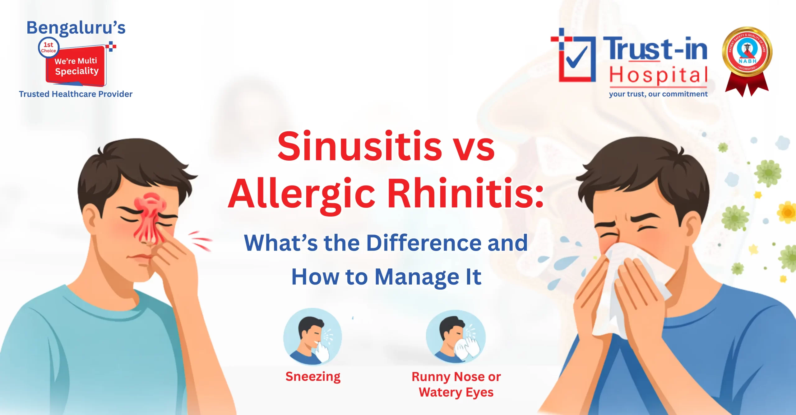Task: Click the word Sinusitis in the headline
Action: pyautogui.click(x=359, y=146)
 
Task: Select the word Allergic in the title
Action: pyautogui.click(x=302, y=195)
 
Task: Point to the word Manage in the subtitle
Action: pyautogui.click(x=417, y=277)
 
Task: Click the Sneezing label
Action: pyautogui.click(x=313, y=377)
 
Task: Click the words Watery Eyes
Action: pyautogui.click(x=456, y=392)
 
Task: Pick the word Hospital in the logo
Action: pyautogui.click(x=658, y=75)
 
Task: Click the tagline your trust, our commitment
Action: pyautogui.click(x=658, y=94)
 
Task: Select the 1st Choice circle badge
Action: pyautogui.click(x=49, y=48)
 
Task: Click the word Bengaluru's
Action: pyautogui.click(x=76, y=28)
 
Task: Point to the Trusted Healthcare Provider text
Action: pyautogui.click(x=76, y=94)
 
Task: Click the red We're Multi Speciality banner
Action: pyautogui.click(x=76, y=66)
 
